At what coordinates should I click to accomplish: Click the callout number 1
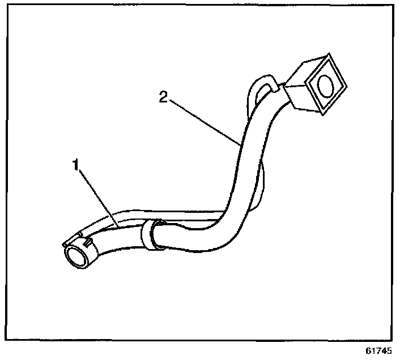(74, 165)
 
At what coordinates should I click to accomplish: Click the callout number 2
(163, 98)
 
